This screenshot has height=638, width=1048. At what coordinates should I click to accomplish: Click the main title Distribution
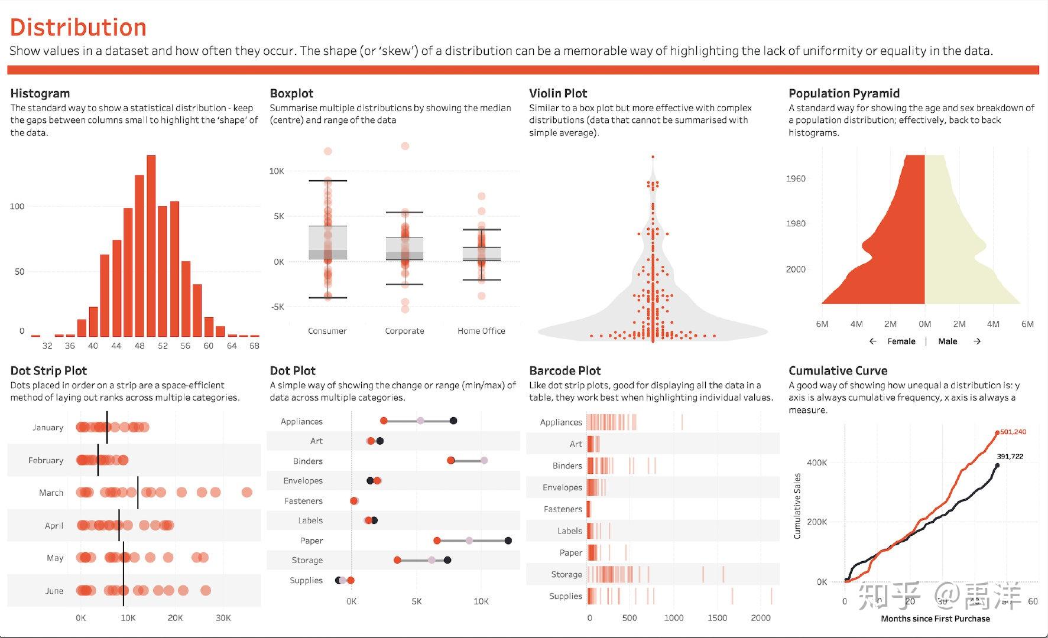click(78, 28)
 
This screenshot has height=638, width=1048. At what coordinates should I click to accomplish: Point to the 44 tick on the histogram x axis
click(116, 346)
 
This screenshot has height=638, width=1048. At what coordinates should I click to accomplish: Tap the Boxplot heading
click(291, 93)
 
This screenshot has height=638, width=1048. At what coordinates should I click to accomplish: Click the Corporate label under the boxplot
click(404, 331)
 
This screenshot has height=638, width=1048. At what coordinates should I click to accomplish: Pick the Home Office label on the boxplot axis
click(481, 331)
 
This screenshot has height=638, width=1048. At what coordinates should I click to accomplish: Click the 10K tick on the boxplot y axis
click(277, 171)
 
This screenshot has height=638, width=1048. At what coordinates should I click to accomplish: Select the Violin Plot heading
click(558, 93)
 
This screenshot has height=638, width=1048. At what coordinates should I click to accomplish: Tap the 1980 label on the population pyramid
click(796, 223)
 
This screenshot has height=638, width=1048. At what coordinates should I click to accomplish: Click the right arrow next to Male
click(977, 341)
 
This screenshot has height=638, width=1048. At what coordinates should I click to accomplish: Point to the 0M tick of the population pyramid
click(925, 324)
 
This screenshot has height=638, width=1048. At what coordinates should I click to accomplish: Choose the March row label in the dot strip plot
click(51, 493)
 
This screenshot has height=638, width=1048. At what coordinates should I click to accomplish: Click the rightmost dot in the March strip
click(247, 492)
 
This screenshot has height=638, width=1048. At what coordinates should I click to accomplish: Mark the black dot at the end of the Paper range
click(508, 541)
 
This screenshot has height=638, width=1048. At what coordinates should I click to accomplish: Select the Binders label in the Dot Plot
click(308, 461)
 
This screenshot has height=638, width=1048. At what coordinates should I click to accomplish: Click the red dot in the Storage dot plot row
click(397, 560)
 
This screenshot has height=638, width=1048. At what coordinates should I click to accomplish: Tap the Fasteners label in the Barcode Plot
click(563, 509)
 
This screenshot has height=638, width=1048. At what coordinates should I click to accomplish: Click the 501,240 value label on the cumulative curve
click(1013, 432)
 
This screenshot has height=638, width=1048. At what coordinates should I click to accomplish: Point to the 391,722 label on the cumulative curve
click(1010, 456)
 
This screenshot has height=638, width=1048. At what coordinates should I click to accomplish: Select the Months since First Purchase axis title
click(935, 619)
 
